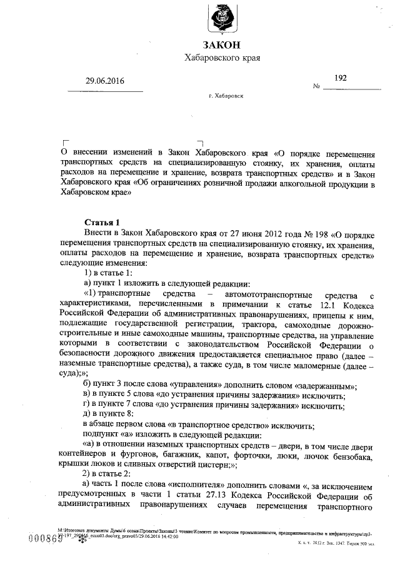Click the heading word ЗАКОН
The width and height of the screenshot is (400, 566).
coord(222,45)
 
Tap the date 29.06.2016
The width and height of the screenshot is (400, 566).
coord(106,81)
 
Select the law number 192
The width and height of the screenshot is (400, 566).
coord(341,78)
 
